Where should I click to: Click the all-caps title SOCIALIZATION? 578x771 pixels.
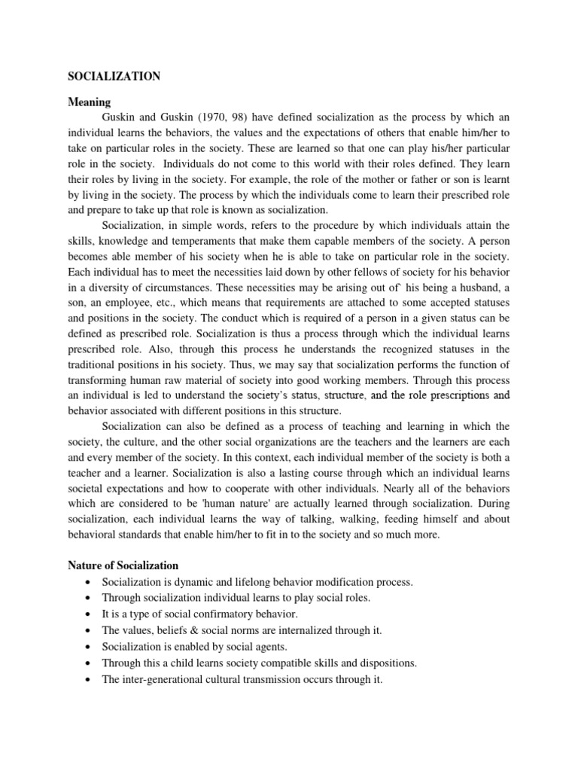coord(114,76)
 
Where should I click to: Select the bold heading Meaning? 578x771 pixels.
coord(89,102)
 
